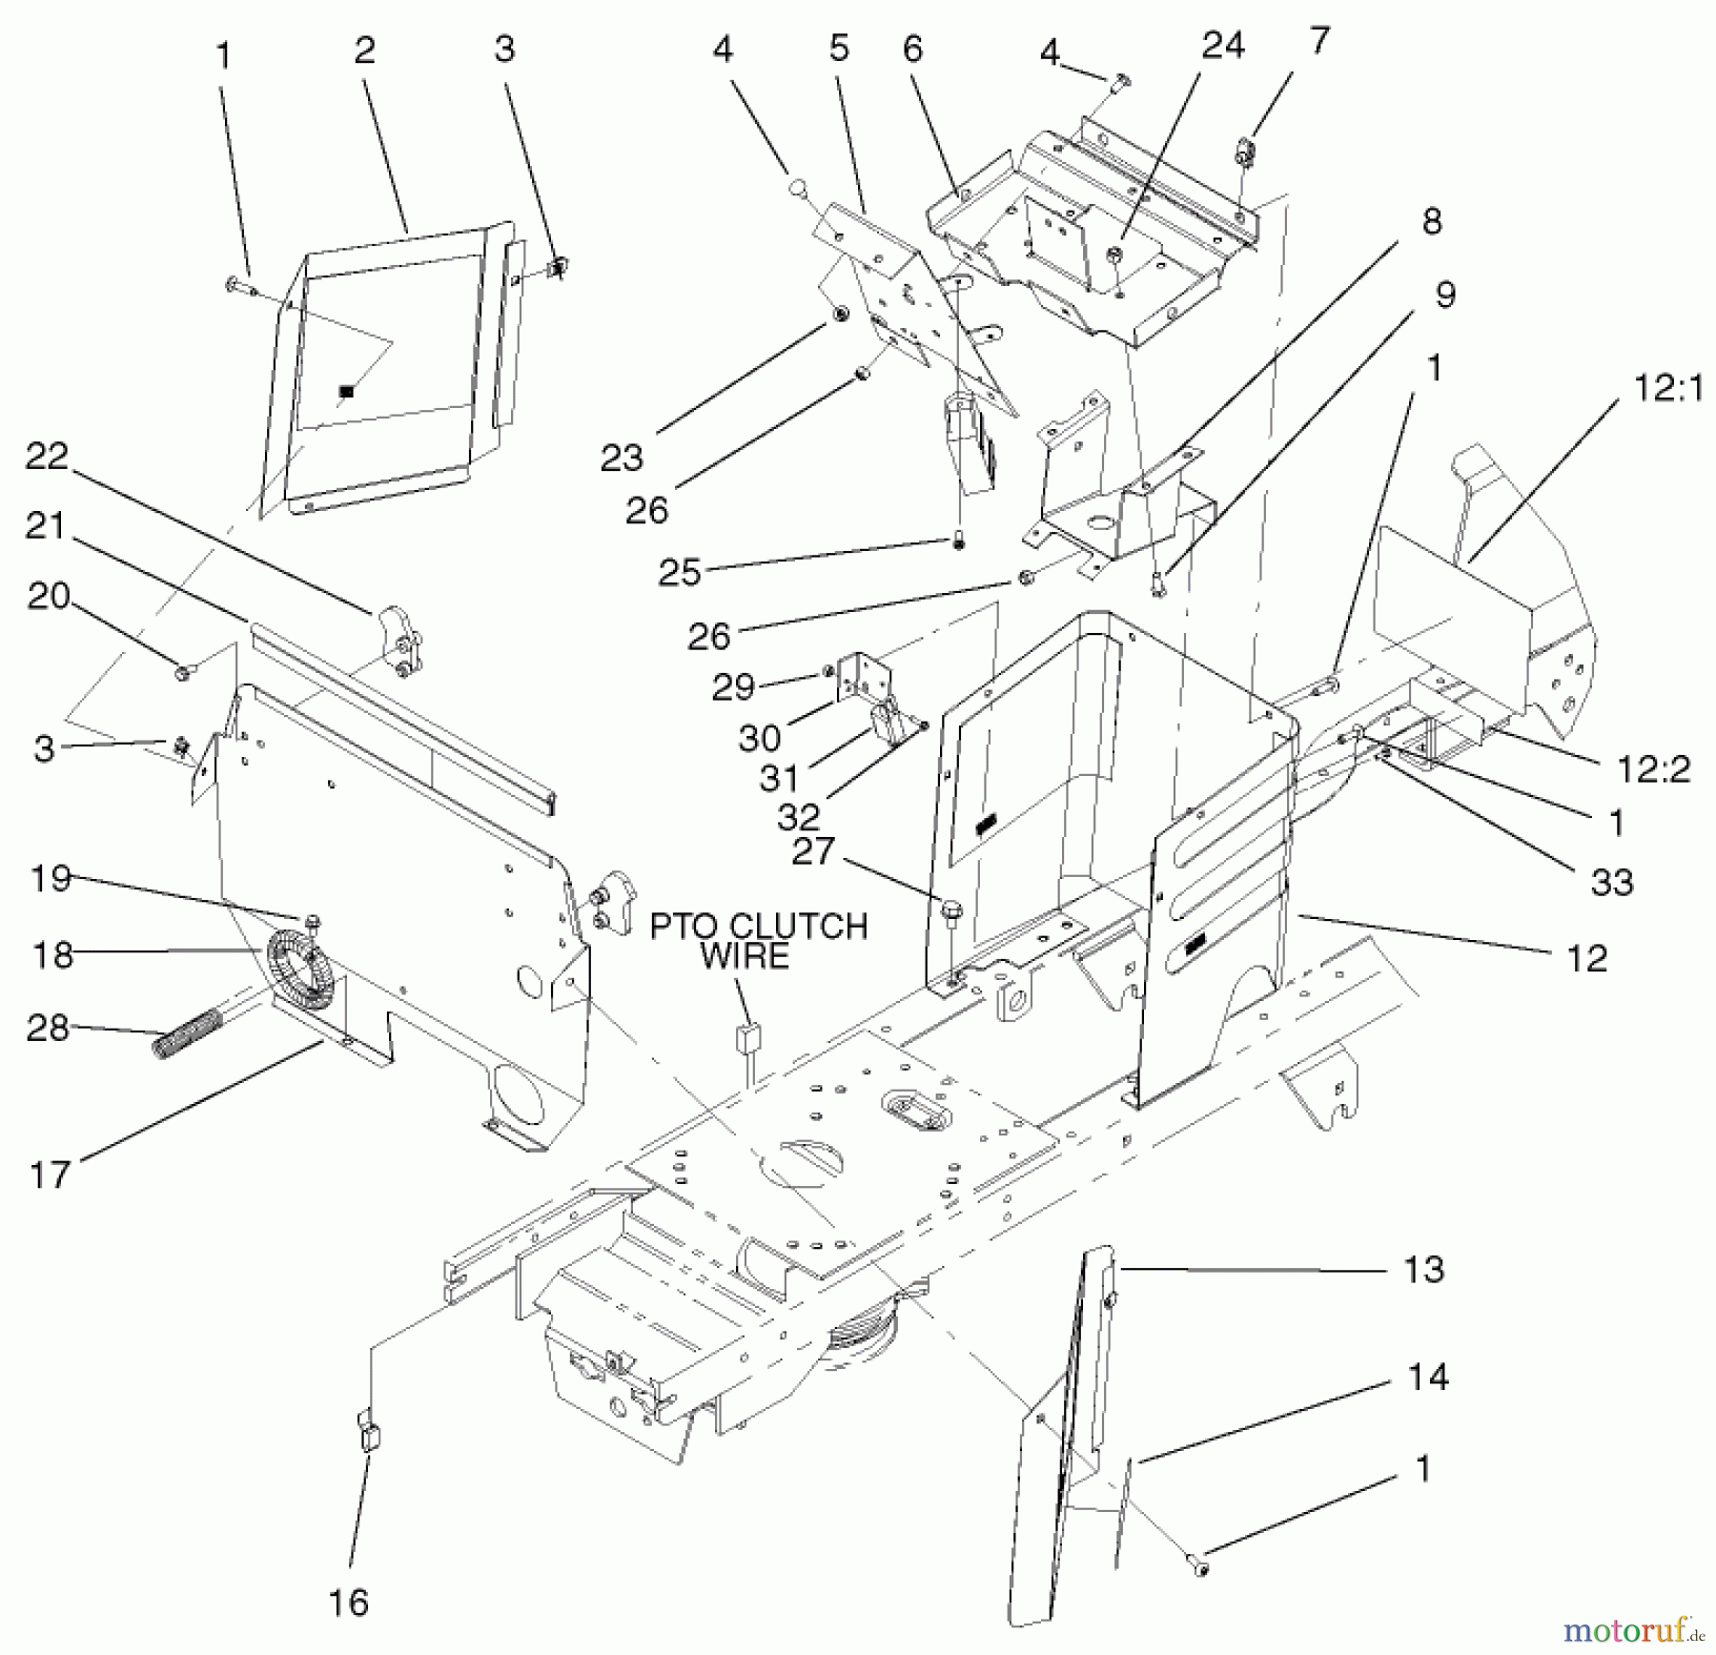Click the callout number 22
tap(47, 457)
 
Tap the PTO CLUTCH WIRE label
tap(758, 940)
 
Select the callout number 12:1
tap(1667, 389)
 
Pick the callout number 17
tap(50, 1175)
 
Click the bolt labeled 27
tap(950, 910)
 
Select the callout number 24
tap(1222, 46)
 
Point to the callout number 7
tap(1318, 41)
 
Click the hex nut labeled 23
tap(841, 314)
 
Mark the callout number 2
tap(364, 51)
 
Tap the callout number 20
tap(49, 597)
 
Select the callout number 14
tap(1427, 1377)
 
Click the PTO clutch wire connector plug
tap(748, 1036)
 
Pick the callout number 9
tap(1444, 295)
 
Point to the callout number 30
tap(759, 737)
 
